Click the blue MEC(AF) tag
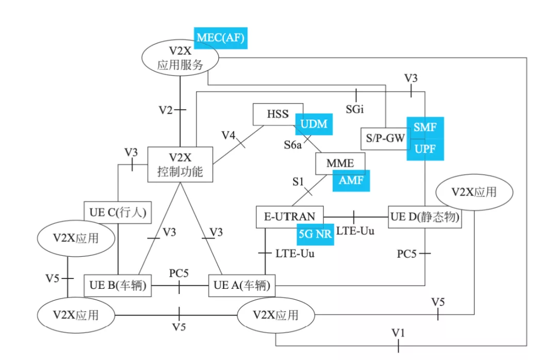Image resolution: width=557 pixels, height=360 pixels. coord(221,38)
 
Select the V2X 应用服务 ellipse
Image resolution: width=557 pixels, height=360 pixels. coord(180,58)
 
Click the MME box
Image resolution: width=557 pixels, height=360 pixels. coord(340,163)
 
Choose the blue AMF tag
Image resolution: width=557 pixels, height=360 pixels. coord(351,181)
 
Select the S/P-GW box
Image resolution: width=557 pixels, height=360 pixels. coord(385,138)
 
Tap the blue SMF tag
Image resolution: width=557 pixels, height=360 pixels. coord(425,127)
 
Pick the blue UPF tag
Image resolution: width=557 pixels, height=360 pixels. coord(425,149)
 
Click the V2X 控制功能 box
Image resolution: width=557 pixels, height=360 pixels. coord(180,165)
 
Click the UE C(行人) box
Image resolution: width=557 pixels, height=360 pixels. coord(118,212)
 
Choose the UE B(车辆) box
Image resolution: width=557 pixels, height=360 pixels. coord(118,285)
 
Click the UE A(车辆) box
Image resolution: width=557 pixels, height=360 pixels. coord(241,285)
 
